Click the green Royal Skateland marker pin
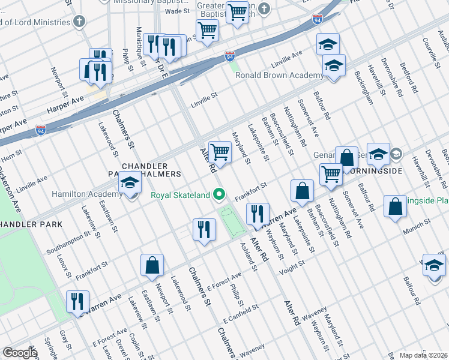click(219, 194)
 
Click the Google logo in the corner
click(19, 353)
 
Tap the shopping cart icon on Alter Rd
click(220, 152)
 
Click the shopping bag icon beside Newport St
click(152, 265)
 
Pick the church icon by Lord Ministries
click(78, 22)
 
